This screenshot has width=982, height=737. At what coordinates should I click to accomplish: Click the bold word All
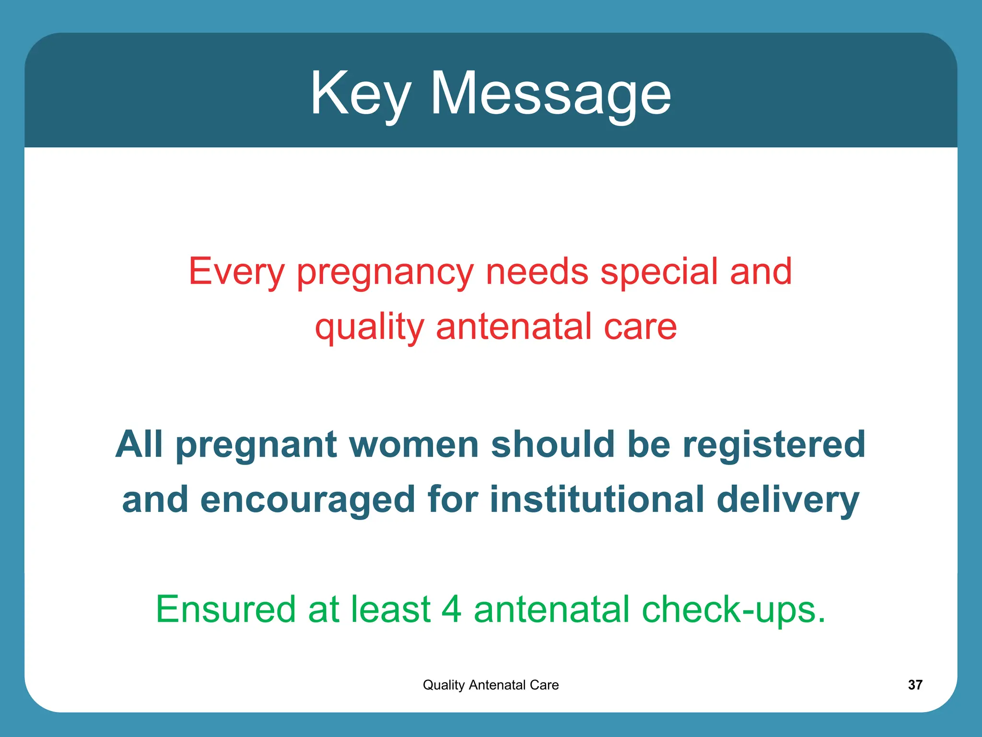pyautogui.click(x=139, y=444)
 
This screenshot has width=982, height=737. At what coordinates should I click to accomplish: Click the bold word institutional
pyautogui.click(x=596, y=499)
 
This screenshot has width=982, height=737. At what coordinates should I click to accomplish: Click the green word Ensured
pyautogui.click(x=226, y=609)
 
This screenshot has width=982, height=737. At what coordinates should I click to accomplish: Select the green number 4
pyautogui.click(x=451, y=609)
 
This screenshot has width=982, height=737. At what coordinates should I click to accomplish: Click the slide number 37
pyautogui.click(x=915, y=685)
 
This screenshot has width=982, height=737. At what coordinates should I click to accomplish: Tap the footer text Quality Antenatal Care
pyautogui.click(x=491, y=685)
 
